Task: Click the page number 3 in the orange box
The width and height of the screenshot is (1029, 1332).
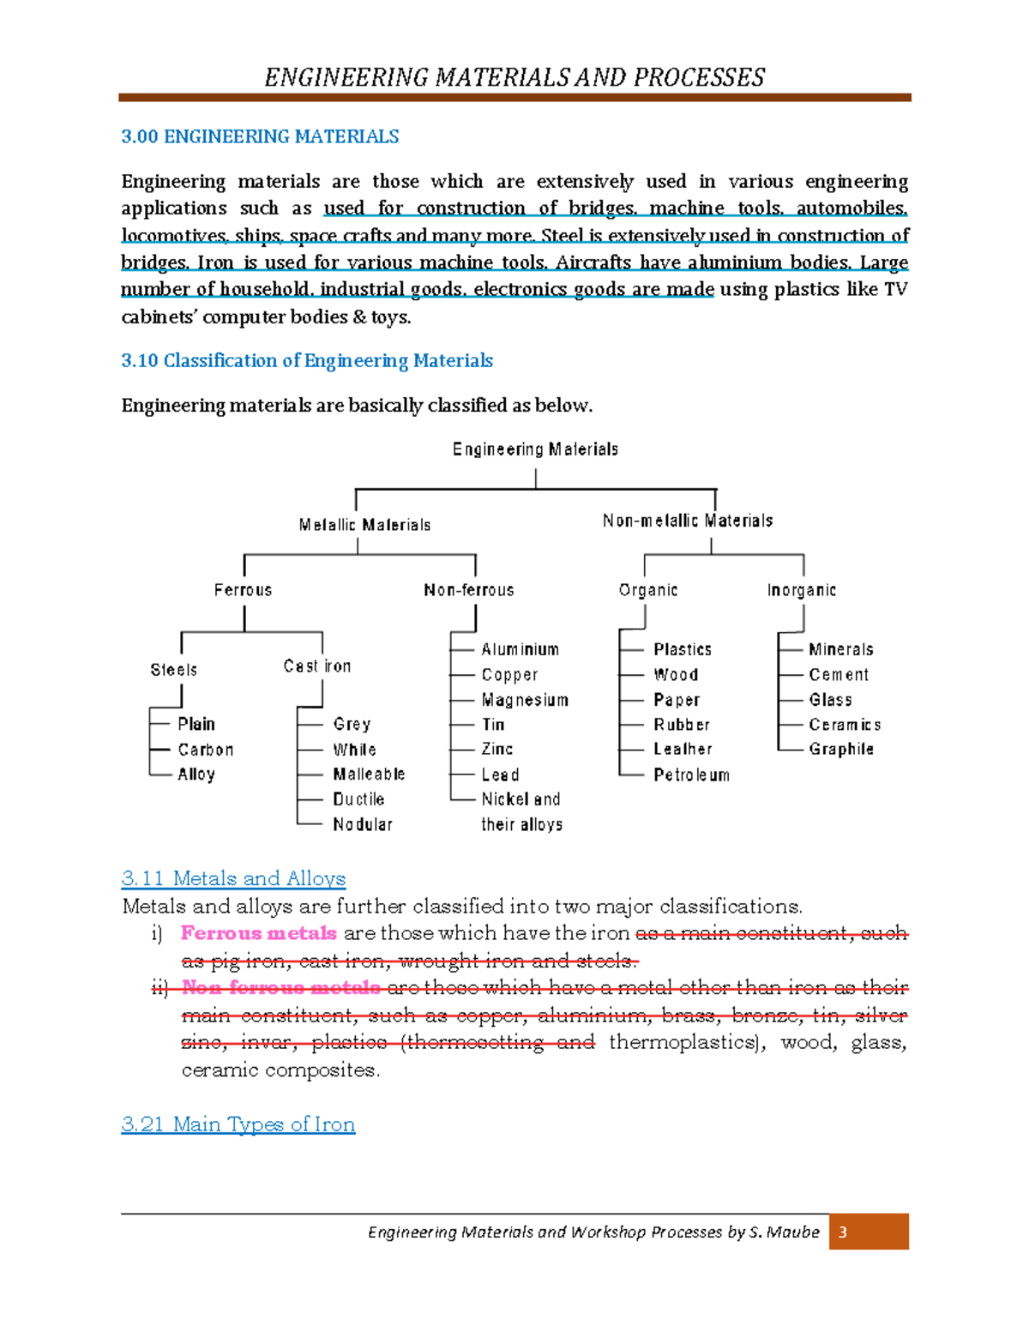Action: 843,1232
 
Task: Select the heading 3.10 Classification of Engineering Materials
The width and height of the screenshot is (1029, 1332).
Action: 307,361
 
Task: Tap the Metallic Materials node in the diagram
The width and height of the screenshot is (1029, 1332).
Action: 364,525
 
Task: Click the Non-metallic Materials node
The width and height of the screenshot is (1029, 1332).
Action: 688,521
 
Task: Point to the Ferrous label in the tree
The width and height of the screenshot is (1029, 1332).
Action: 243,590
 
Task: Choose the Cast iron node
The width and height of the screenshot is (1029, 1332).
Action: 317,666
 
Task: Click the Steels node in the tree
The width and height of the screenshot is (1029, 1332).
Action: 174,670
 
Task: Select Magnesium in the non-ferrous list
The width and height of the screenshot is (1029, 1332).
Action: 525,700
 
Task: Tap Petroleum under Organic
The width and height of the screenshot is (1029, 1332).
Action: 691,775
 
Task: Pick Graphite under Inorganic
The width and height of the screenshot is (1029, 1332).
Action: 841,749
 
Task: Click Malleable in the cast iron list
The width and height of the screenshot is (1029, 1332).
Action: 369,774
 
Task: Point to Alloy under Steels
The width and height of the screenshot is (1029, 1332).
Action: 196,774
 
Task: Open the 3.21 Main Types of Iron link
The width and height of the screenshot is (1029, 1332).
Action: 238,1124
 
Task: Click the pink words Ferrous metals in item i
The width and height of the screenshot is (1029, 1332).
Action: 259,933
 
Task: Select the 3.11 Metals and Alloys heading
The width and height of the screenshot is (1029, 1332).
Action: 233,878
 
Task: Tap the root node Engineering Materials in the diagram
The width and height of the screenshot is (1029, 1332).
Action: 535,449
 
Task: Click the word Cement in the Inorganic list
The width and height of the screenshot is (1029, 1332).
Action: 839,675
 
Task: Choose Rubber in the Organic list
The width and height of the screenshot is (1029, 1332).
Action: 682,725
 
